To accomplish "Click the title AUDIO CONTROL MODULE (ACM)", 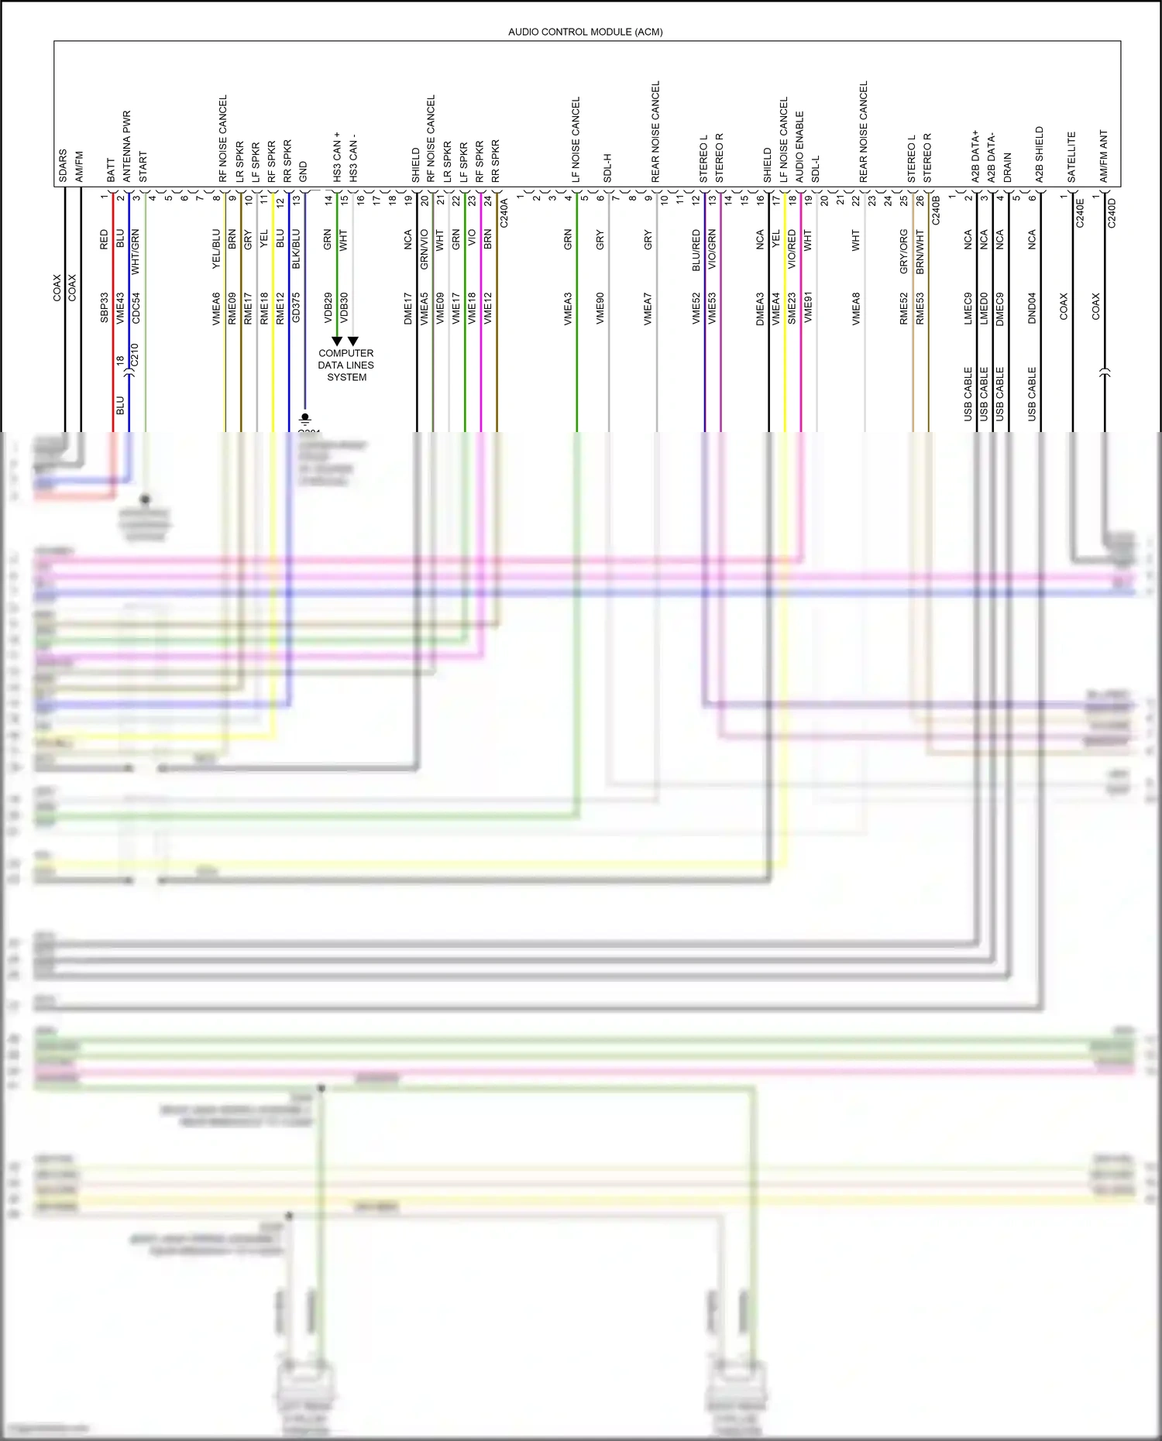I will (x=585, y=32).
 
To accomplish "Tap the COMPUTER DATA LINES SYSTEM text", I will (x=346, y=365).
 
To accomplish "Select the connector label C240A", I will (x=504, y=212).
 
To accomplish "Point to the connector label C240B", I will (x=936, y=211).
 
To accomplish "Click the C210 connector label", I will (x=135, y=356).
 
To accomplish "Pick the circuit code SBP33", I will (x=105, y=307).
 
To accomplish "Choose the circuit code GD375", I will (x=296, y=307).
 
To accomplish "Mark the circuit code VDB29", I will (x=328, y=307).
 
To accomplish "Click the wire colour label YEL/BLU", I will (x=216, y=249).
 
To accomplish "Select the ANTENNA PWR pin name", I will (x=127, y=146).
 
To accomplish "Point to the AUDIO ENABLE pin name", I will (x=799, y=146).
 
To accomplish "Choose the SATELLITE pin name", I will (x=1072, y=157).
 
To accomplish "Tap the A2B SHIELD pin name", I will (x=1040, y=154).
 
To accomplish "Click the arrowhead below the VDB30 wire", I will (x=353, y=341).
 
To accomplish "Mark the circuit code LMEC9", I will (x=968, y=308).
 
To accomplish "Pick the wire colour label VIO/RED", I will (x=792, y=249).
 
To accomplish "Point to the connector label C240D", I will (x=1112, y=212).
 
